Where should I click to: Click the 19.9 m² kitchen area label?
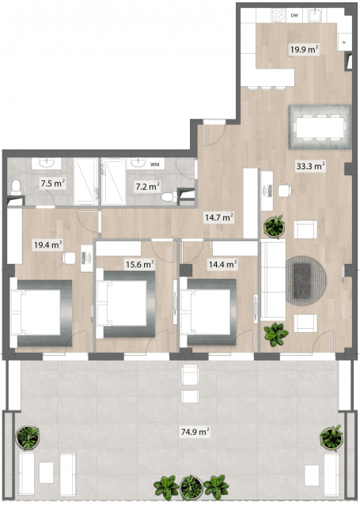305,49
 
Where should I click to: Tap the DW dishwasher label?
294,15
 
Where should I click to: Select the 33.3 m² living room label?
311,166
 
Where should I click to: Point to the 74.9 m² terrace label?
195,432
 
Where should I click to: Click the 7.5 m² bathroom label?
53,183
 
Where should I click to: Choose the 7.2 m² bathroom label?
147,187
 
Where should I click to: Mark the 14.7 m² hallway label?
219,217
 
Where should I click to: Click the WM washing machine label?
154,164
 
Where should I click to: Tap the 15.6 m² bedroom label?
139,265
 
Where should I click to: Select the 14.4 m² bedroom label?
223,265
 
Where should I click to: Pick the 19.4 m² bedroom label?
48,245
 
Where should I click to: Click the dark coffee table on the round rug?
302,281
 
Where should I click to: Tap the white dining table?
320,127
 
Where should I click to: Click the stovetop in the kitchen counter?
279,15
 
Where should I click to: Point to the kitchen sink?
314,15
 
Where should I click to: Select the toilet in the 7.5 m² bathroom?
16,187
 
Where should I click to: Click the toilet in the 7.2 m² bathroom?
169,197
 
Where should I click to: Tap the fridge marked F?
344,42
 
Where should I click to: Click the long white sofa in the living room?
273,279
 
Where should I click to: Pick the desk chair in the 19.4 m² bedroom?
69,258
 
